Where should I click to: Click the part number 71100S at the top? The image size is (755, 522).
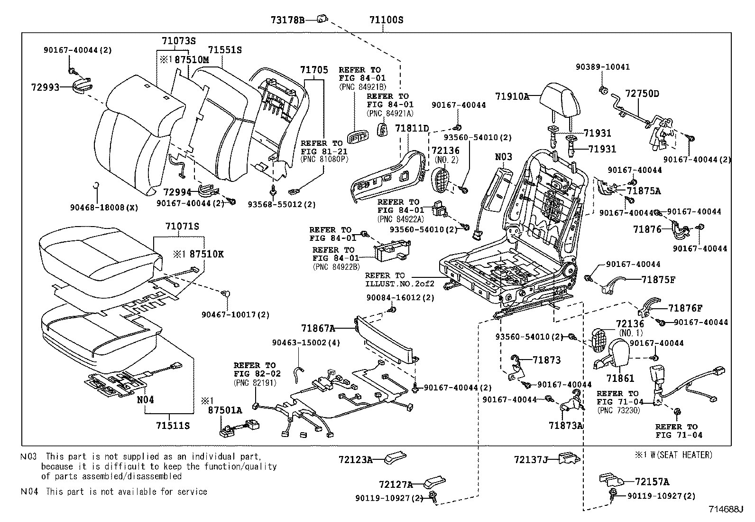point(386,20)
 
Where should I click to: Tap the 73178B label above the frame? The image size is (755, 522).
point(287,20)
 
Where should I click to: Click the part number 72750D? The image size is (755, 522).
point(642,94)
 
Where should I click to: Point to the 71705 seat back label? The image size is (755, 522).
point(313,70)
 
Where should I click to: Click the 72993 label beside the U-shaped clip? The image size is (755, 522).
point(45,87)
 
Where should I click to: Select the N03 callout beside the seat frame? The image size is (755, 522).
point(504,157)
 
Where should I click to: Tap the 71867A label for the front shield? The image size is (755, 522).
point(318,328)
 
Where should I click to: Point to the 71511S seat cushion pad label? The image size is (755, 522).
point(173,426)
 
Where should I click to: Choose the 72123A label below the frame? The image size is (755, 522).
point(355,459)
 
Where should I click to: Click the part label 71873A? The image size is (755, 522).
point(565,426)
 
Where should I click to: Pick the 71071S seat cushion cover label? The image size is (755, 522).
point(182,226)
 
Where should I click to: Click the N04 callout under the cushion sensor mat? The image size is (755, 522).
point(146,399)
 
